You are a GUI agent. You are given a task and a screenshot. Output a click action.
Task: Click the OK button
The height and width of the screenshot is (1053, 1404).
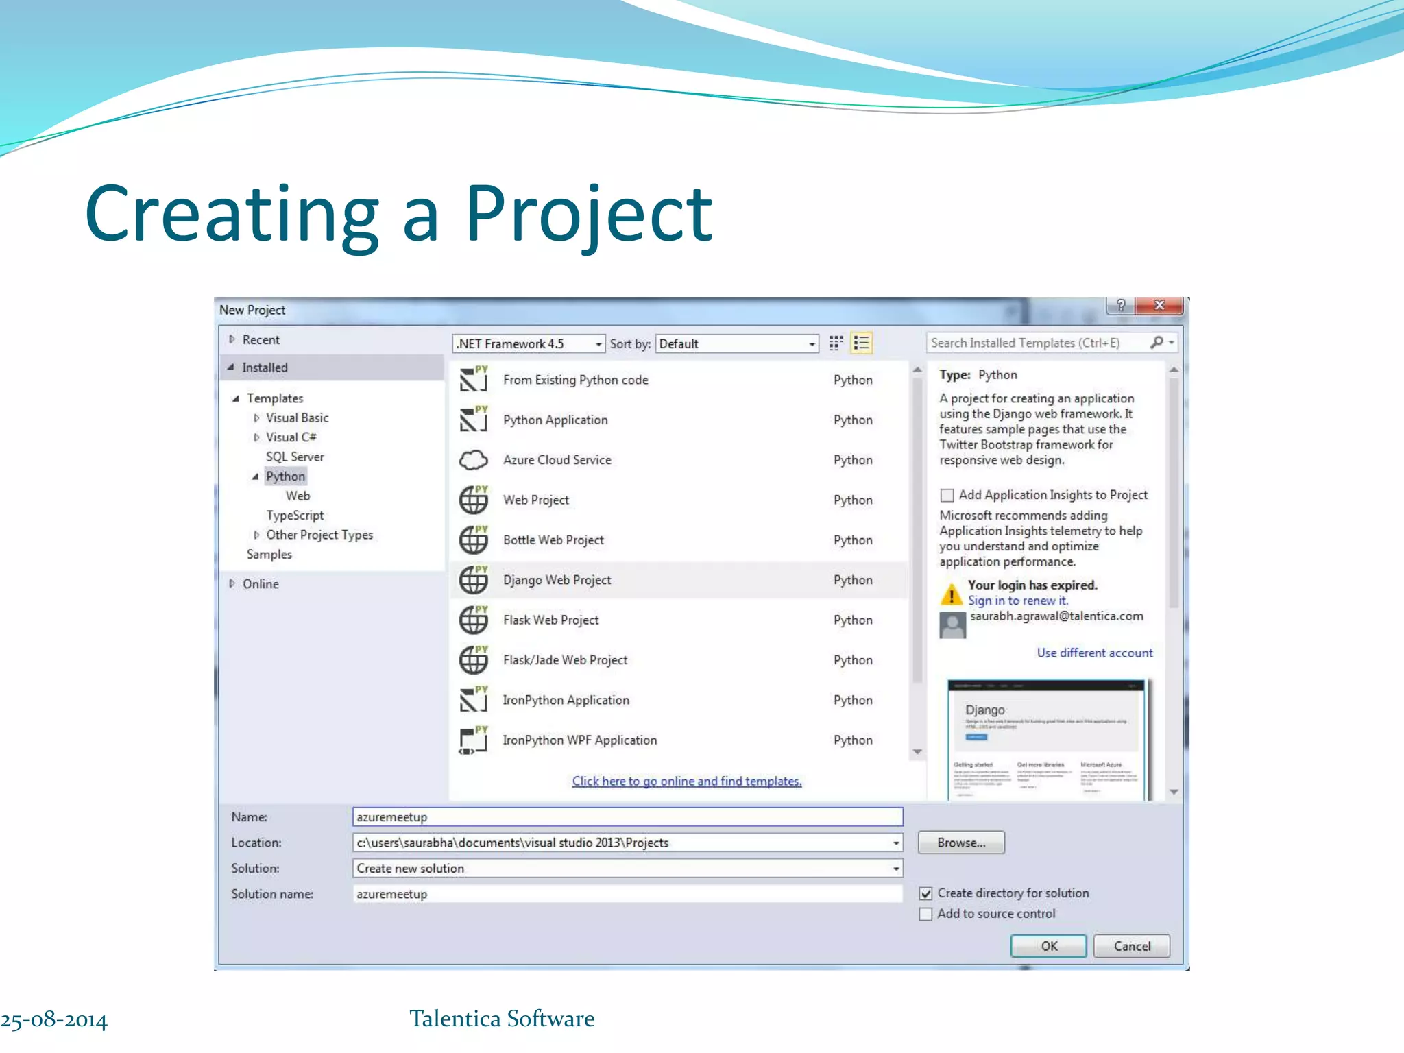1048,946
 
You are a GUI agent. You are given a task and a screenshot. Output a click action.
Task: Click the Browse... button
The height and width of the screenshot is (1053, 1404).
961,843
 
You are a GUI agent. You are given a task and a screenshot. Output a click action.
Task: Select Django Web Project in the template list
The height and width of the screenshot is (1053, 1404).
557,580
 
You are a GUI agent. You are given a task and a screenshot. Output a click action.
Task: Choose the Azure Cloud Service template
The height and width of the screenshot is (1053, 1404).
557,460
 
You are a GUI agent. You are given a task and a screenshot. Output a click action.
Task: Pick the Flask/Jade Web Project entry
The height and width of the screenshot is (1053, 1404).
565,660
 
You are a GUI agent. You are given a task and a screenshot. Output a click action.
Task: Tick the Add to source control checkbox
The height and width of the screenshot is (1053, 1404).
925,914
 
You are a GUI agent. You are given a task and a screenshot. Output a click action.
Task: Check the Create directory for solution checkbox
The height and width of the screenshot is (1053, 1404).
925,893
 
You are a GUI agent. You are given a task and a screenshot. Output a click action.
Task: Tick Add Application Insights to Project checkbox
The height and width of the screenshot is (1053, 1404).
947,495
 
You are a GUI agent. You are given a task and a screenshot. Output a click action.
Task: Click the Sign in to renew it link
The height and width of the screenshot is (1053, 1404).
1017,601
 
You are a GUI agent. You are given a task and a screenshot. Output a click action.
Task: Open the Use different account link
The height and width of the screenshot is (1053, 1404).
1094,653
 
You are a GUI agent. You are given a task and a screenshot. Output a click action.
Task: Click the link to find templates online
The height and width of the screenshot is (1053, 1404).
687,781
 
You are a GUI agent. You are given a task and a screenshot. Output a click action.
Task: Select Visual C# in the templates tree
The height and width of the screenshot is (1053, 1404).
291,437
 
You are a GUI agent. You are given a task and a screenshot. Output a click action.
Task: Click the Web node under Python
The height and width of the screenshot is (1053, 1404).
298,496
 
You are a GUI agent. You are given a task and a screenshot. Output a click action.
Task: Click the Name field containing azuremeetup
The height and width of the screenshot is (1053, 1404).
627,817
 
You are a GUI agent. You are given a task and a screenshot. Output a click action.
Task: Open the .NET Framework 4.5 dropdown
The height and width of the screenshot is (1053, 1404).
529,343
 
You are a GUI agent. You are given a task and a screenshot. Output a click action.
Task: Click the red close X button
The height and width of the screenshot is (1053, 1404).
1159,305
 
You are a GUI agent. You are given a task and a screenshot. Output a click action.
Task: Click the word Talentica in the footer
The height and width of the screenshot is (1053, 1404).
455,1019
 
